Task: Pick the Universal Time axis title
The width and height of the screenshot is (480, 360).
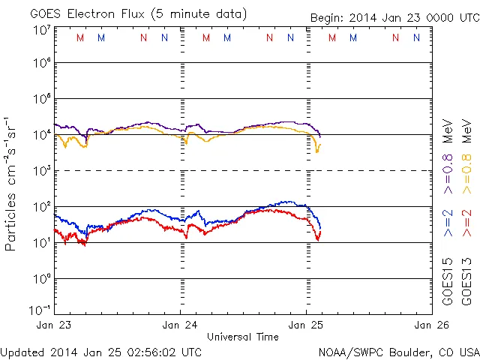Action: pos(243,337)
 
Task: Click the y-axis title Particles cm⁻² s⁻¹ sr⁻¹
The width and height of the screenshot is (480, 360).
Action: pos(11,184)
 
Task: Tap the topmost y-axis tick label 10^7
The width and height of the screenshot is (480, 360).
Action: pos(40,30)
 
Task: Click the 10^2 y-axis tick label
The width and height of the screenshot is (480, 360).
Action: pos(40,206)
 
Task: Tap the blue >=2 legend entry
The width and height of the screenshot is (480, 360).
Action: pos(448,223)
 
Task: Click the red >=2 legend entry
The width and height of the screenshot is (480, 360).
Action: pos(466,223)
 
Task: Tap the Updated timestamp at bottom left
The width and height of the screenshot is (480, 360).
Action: pos(101,351)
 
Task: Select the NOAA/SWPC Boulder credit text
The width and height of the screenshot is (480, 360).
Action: pos(398,351)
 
